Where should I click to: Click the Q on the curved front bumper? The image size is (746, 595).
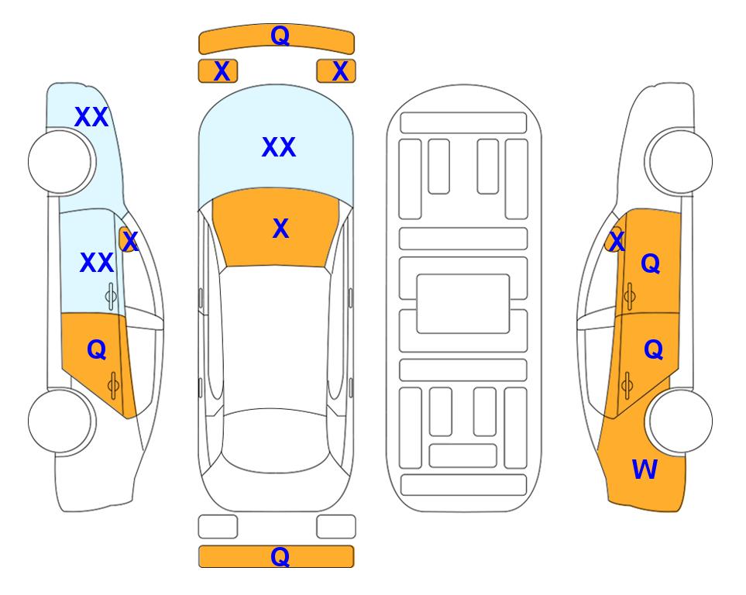(280, 36)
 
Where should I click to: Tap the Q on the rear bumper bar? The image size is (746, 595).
(280, 556)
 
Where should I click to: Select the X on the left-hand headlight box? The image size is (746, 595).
(222, 71)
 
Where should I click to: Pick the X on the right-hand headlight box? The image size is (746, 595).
(340, 71)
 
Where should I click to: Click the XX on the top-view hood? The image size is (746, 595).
(279, 147)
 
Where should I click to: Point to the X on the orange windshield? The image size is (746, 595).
(280, 229)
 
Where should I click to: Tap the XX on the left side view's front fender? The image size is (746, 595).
(91, 117)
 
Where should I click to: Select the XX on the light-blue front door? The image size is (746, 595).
(97, 263)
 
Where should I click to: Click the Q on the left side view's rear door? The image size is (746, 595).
(97, 350)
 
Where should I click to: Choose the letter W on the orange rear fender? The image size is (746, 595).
(645, 469)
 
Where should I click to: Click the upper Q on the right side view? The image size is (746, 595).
(651, 263)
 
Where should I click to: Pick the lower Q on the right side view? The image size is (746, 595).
(653, 350)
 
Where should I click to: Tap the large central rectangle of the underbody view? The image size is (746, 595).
(463, 304)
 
